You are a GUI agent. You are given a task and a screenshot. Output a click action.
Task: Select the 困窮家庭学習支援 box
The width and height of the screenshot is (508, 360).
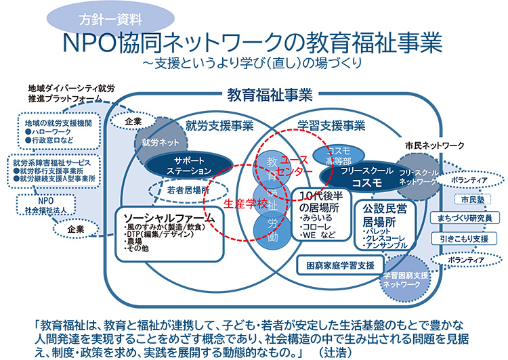(x=337, y=265)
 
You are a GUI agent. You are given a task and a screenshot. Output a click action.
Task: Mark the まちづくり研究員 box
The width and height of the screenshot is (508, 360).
(x=465, y=218)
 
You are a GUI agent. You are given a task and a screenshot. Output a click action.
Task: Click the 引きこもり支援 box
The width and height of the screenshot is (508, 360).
(x=464, y=238)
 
